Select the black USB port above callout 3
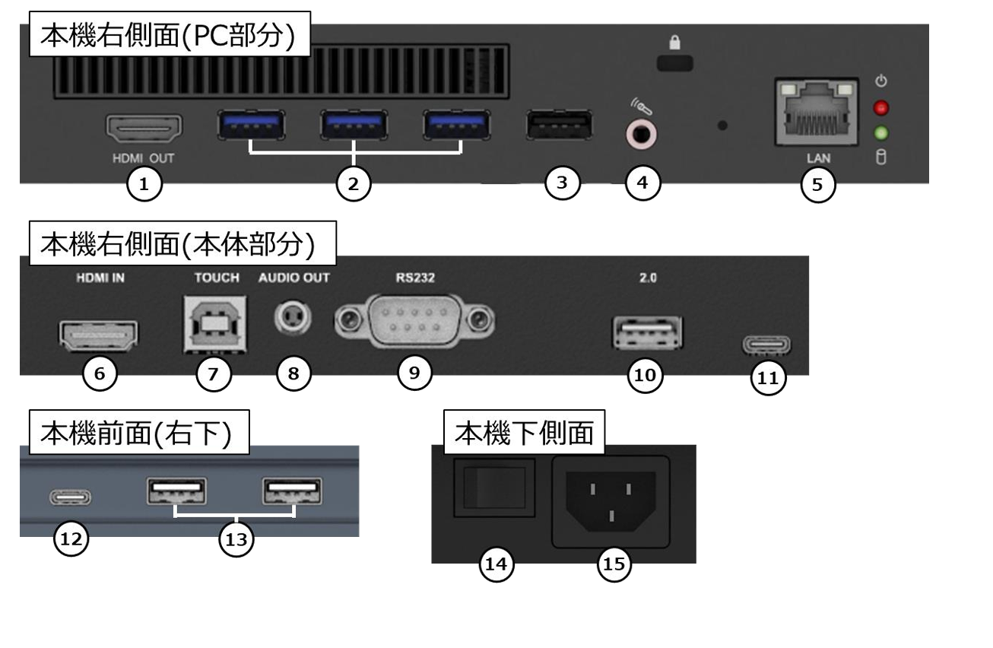(560, 126)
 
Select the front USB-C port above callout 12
(71, 499)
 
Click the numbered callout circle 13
(234, 540)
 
